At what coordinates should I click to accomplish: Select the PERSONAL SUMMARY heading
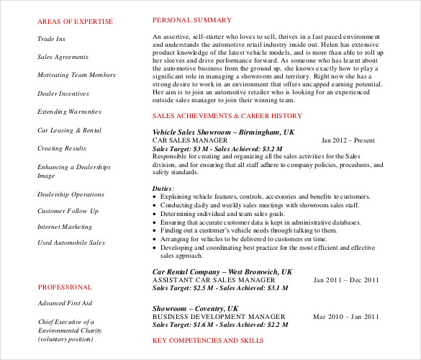[x=192, y=20]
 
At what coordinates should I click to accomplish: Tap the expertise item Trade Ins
[x=51, y=39]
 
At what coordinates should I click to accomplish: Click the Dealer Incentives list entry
[x=63, y=94]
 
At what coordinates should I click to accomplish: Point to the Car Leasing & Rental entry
[x=69, y=130]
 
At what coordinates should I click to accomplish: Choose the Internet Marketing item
[x=65, y=227]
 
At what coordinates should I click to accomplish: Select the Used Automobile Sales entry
[x=71, y=243]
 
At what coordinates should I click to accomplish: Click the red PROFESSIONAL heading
[x=65, y=287]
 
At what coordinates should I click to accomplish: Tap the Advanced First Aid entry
[x=65, y=303]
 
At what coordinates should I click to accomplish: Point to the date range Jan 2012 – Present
[x=348, y=140]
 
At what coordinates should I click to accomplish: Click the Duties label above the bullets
[x=163, y=188]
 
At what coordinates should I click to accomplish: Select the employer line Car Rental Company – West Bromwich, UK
[x=222, y=271]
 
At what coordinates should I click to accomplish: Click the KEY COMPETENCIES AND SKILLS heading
[x=208, y=340]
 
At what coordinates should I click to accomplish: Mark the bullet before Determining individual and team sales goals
[x=156, y=213]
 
